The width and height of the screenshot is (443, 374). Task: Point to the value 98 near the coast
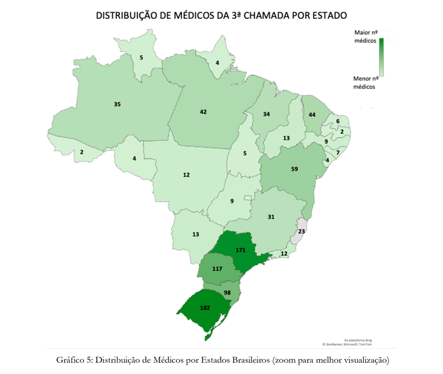(228, 293)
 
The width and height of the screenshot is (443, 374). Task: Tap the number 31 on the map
(271, 216)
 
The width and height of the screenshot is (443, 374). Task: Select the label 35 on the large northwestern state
(117, 104)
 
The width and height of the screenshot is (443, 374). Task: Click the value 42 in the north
(203, 111)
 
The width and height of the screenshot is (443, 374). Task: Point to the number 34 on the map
(266, 114)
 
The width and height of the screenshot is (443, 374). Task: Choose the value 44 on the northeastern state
(312, 114)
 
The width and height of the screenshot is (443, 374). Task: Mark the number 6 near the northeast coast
(338, 121)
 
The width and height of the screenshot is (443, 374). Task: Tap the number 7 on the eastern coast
(338, 153)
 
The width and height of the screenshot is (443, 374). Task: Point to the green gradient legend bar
(382, 57)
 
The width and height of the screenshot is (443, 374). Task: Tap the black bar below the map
(221, 356)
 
